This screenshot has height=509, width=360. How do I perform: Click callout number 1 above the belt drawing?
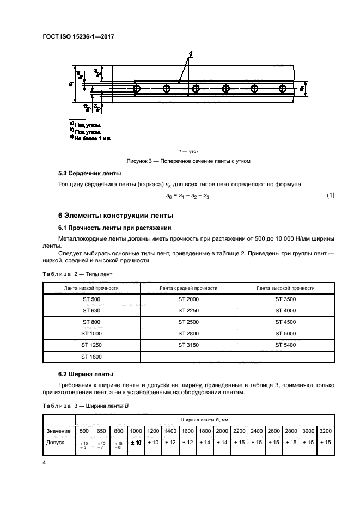(x=191, y=54)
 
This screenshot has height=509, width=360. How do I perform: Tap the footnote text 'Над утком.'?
(x=87, y=125)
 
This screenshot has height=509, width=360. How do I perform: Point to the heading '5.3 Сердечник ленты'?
(x=87, y=174)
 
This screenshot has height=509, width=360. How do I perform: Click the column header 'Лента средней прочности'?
(x=188, y=287)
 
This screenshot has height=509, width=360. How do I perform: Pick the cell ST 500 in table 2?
(x=91, y=299)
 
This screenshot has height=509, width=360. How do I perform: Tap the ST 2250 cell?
(x=188, y=311)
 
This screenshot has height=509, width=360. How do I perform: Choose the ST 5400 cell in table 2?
(x=285, y=345)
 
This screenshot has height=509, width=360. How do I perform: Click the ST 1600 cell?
(x=91, y=357)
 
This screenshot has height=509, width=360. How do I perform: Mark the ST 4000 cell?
(x=285, y=311)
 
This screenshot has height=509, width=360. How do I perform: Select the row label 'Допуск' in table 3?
(x=56, y=443)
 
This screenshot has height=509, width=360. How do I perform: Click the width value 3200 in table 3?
(x=326, y=431)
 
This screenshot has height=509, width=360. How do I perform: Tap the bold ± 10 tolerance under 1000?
(x=135, y=443)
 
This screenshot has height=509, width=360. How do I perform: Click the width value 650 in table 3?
(x=101, y=431)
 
